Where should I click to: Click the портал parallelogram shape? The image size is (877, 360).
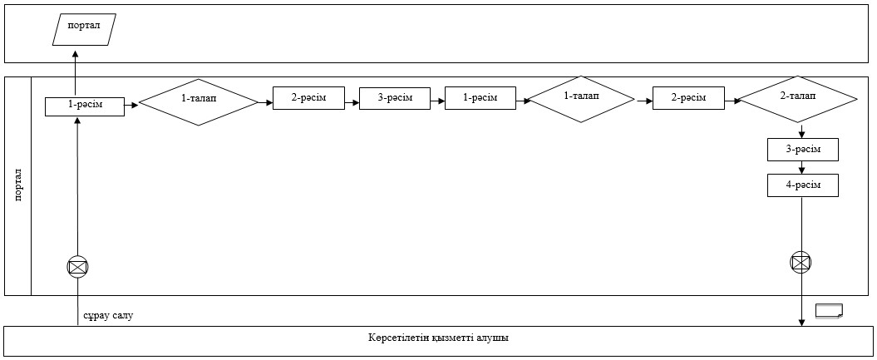pyautogui.click(x=84, y=30)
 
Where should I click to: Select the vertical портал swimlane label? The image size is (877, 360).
pyautogui.click(x=18, y=186)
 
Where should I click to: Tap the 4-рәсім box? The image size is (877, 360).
pyautogui.click(x=803, y=185)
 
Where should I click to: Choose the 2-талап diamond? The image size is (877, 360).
pyautogui.click(x=797, y=99)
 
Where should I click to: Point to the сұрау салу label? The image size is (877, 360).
pyautogui.click(x=109, y=316)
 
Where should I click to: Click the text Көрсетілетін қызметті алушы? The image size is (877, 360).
pyautogui.click(x=438, y=338)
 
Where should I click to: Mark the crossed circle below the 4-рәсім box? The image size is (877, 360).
pyautogui.click(x=801, y=262)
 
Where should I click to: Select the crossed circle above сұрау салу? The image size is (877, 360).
pyautogui.click(x=78, y=267)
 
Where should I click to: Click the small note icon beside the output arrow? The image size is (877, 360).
pyautogui.click(x=829, y=312)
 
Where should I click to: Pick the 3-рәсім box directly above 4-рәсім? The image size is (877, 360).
pyautogui.click(x=803, y=150)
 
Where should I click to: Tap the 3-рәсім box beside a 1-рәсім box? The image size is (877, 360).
pyautogui.click(x=395, y=98)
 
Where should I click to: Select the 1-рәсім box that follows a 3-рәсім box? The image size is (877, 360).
pyautogui.click(x=480, y=98)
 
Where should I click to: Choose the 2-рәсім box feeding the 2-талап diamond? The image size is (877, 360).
pyautogui.click(x=688, y=98)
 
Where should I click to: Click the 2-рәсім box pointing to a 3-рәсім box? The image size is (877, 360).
pyautogui.click(x=308, y=98)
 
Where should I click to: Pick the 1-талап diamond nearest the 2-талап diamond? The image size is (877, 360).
pyautogui.click(x=582, y=99)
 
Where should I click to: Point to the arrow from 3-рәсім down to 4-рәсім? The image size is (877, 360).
pyautogui.click(x=803, y=168)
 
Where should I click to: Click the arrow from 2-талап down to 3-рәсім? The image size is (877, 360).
pyautogui.click(x=803, y=131)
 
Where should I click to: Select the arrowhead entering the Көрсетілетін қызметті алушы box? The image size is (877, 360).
pyautogui.click(x=801, y=322)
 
